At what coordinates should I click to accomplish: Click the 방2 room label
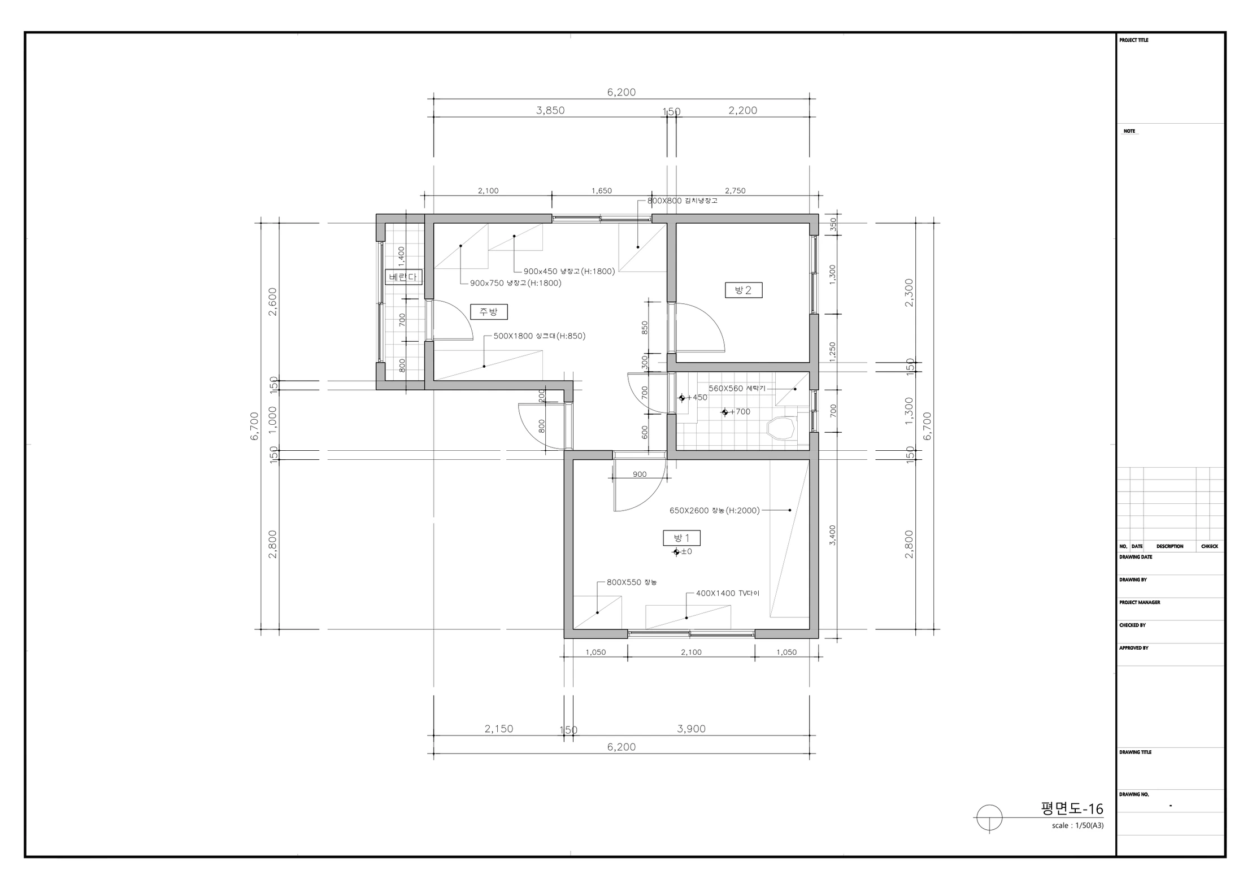[744, 290]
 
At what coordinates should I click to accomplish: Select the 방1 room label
[682, 538]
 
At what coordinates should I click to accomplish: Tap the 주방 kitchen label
[489, 312]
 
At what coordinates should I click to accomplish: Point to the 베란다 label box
[403, 277]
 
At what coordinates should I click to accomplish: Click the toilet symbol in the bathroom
[781, 428]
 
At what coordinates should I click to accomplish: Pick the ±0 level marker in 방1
[683, 552]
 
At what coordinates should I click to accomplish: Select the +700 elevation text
[736, 412]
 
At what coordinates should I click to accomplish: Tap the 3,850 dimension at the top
[550, 110]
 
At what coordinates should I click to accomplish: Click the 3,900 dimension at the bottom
[692, 729]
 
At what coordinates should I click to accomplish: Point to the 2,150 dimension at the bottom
[499, 729]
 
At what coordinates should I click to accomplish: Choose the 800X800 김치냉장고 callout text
[683, 201]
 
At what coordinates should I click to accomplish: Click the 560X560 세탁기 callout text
[737, 389]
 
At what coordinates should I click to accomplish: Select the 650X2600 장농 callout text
[715, 511]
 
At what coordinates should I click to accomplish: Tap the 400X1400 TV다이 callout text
[728, 594]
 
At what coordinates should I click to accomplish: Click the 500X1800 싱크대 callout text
[540, 336]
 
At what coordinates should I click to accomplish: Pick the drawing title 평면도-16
[1072, 809]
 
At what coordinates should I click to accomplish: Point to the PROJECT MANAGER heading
[1140, 603]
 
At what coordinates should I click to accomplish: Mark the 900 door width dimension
[640, 475]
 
